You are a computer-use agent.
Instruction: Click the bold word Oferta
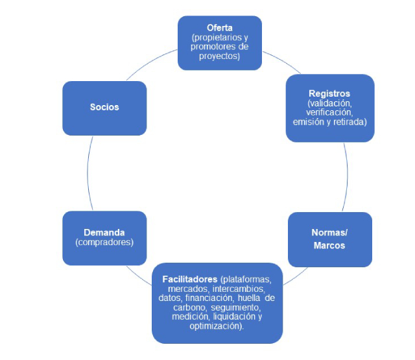pyautogui.click(x=220, y=28)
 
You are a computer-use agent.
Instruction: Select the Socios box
pyautogui.click(x=104, y=107)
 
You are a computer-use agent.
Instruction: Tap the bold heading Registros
pyautogui.click(x=329, y=93)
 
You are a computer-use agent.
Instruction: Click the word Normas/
pyautogui.click(x=329, y=232)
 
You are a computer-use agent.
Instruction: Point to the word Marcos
pyautogui.click(x=329, y=245)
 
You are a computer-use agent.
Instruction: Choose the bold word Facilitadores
pyautogui.click(x=190, y=279)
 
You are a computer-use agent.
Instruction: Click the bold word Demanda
pyautogui.click(x=104, y=232)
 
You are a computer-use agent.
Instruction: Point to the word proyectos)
pyautogui.click(x=220, y=56)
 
